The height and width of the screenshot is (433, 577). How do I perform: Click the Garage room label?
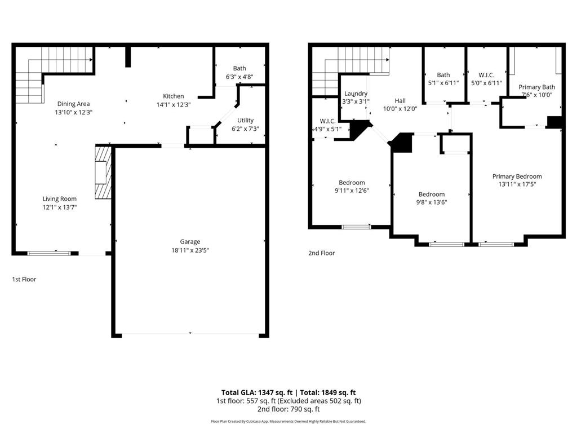coord(190,241)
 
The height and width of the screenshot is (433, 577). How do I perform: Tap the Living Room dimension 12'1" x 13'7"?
coord(60,207)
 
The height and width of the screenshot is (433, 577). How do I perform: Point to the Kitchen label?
coord(174,96)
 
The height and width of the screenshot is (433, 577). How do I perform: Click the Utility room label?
coord(245,120)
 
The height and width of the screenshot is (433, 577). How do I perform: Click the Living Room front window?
coord(49,253)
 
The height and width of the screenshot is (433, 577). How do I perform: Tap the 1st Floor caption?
coord(24,279)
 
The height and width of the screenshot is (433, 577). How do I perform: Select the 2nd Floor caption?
coord(321,253)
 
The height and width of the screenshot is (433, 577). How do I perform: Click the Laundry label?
coord(356,94)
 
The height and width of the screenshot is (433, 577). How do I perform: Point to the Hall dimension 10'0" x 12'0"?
coord(400,109)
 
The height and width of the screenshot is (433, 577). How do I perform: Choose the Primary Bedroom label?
coord(517,176)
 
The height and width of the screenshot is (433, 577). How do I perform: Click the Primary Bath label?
coord(536,87)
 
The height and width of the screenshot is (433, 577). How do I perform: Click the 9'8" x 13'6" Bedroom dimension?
coord(432,202)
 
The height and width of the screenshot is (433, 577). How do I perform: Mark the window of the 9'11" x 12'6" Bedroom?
coord(356,227)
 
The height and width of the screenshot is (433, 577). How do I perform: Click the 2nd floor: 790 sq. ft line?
coord(288,409)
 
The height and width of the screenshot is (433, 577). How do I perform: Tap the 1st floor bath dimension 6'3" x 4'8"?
coord(239,77)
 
